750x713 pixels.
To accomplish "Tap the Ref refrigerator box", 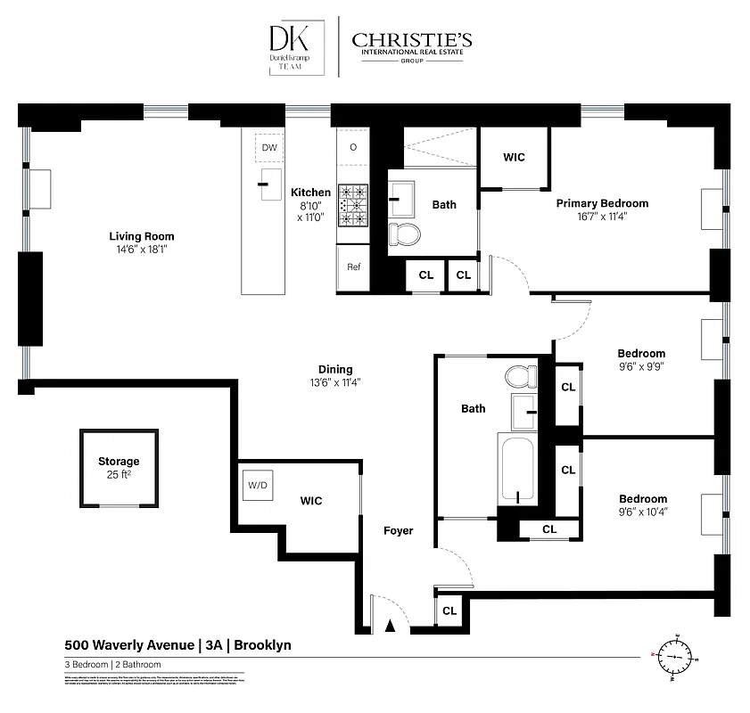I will pos(353,266).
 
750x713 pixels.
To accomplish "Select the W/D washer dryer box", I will pos(257,486).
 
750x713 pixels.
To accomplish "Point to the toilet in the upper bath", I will pos(406,234).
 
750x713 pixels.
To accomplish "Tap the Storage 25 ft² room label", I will pos(119,468).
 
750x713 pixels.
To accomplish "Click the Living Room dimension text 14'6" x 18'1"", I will pos(141,250).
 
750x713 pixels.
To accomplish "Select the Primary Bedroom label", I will pos(602,203).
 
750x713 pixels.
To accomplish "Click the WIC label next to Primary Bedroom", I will pos(514,158).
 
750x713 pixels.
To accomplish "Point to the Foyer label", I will pos(399,530).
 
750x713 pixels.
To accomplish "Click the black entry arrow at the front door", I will pos(388,627).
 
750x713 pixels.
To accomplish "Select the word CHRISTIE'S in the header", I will pos(412,40).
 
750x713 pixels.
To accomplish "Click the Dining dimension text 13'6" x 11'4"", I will pos(335,383).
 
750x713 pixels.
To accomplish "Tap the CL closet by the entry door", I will pos(449,611).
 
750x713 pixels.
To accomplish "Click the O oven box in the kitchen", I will pos(353,147).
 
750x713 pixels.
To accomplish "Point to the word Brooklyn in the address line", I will pos(262,645).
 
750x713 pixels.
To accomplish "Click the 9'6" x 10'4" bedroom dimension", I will pos(643,512).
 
